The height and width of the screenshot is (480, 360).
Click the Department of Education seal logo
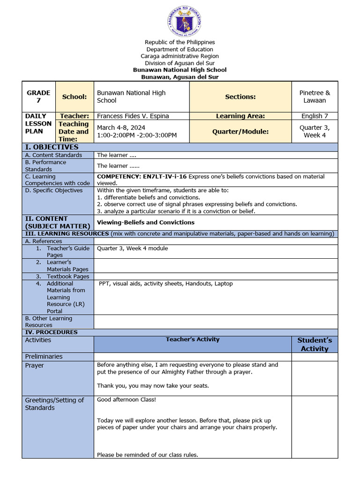[184, 22]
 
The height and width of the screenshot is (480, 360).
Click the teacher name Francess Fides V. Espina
[133, 116]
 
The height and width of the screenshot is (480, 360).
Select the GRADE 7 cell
[38, 97]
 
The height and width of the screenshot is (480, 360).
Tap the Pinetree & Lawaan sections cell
[315, 97]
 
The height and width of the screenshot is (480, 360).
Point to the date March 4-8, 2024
[121, 127]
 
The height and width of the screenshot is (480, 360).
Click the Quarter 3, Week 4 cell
[315, 131]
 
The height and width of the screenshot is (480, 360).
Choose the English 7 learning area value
[315, 116]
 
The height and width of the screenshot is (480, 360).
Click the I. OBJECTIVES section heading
[52, 147]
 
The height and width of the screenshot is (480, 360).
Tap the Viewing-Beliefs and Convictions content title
[145, 222]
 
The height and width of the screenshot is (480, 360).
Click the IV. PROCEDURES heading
[51, 332]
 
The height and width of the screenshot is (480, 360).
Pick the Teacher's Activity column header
[192, 339]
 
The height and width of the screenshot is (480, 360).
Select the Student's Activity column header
[315, 344]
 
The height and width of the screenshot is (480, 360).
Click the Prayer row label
[34, 365]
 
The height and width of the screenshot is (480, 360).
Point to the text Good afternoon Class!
[126, 400]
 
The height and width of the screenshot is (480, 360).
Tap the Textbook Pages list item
[67, 277]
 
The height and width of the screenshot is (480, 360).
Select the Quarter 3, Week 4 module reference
[132, 248]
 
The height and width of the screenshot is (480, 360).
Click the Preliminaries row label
[44, 356]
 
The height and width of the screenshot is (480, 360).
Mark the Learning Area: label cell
[240, 116]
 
